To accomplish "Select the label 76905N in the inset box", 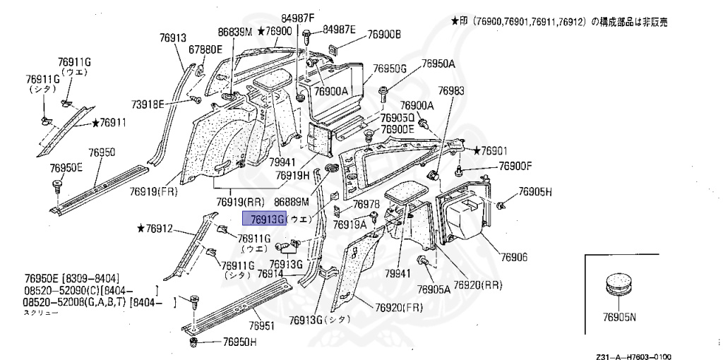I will click(620, 317).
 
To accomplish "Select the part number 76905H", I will click(534, 191).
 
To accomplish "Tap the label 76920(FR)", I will click(399, 308).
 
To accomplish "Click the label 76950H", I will click(239, 342).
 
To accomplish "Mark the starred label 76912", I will click(160, 228).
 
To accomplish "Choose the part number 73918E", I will click(148, 104).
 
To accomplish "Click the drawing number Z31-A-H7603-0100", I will click(633, 357).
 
